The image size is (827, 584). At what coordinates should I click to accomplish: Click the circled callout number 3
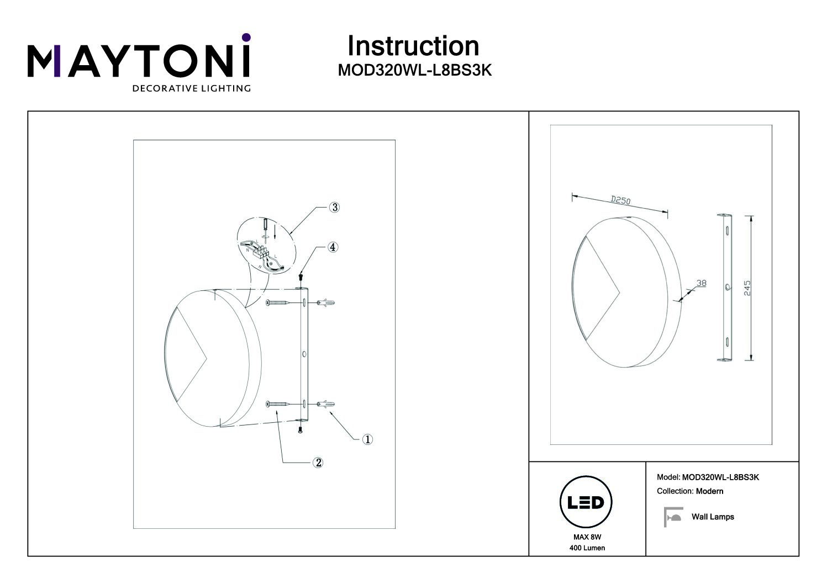(334, 208)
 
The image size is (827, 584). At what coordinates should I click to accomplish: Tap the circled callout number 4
(333, 247)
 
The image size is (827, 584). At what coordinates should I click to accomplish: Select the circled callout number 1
(367, 439)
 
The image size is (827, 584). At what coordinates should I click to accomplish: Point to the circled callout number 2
(318, 463)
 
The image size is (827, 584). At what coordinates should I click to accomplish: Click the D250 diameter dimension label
(620, 200)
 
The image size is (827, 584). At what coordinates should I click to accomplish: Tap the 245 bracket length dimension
(747, 288)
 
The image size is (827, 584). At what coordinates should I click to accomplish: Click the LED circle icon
(586, 502)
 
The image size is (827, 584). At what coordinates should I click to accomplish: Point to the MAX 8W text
(587, 537)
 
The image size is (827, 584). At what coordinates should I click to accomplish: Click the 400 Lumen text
(587, 548)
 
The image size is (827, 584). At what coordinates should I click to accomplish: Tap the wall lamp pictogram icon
(673, 517)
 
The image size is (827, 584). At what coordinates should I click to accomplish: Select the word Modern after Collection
(709, 491)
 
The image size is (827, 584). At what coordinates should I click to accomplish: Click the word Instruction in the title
(413, 46)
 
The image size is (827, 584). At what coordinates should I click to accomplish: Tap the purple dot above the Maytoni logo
(246, 38)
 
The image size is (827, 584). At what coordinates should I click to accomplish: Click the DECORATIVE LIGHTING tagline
(192, 88)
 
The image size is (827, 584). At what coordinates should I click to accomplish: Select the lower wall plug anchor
(325, 405)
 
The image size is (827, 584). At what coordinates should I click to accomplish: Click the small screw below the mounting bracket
(300, 430)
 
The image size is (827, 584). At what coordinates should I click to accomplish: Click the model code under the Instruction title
(415, 70)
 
